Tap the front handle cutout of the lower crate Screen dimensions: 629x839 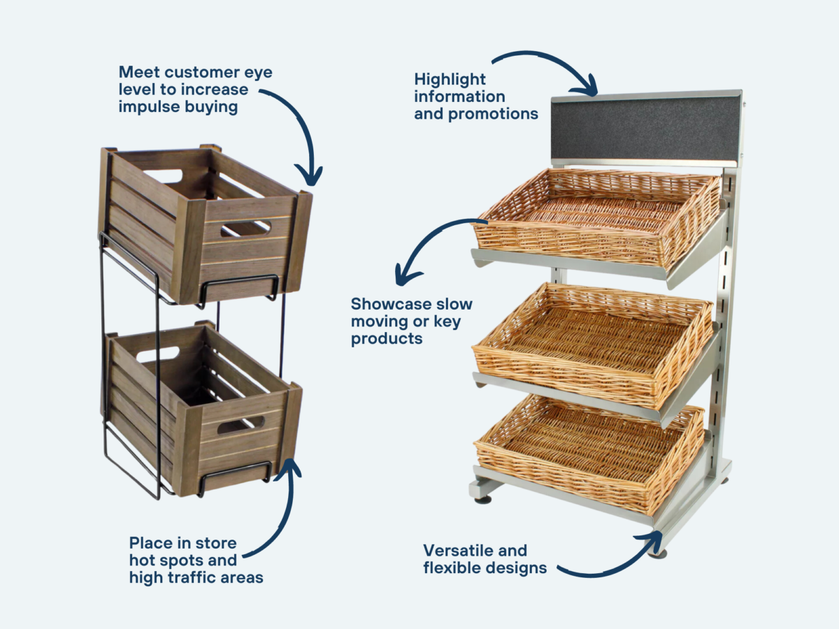click(x=241, y=424)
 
